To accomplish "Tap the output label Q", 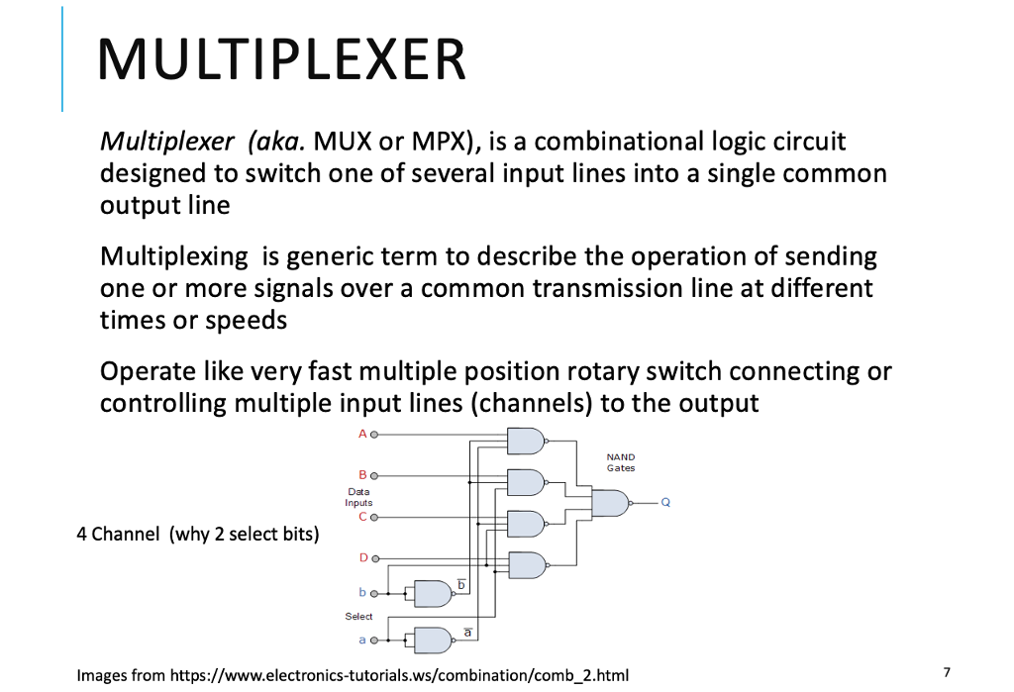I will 665,503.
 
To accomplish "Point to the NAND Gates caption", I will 621,462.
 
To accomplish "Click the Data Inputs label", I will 358,497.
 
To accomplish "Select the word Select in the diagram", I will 358,616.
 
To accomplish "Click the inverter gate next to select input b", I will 432,593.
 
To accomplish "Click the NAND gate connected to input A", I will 525,441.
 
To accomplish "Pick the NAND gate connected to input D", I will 525,565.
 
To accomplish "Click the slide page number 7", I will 947,672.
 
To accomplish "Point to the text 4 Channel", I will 117,535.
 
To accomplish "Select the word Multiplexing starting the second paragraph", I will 174,256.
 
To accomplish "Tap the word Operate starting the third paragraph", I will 145,371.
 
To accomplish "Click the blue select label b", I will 362,592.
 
